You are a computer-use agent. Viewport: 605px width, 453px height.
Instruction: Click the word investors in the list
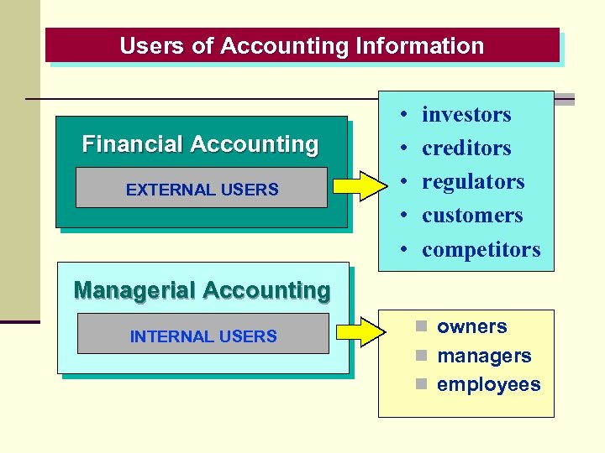tap(466, 114)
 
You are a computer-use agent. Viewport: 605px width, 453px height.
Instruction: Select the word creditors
tap(466, 148)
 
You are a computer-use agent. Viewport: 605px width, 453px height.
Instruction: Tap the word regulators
tap(473, 182)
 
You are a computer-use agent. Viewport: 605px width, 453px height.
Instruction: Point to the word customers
tap(472, 216)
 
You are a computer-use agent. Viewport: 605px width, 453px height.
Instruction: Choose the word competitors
tap(481, 250)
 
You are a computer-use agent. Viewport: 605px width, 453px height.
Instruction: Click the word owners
tap(471, 326)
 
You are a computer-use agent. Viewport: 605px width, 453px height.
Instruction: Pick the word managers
tap(484, 356)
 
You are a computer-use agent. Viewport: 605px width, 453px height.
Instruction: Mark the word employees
tap(489, 384)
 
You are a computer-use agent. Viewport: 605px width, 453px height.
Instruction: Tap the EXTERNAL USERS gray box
tap(202, 189)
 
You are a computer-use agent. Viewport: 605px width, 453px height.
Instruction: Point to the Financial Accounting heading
tap(200, 144)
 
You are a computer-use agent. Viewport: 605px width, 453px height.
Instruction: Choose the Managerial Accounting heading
tap(202, 290)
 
